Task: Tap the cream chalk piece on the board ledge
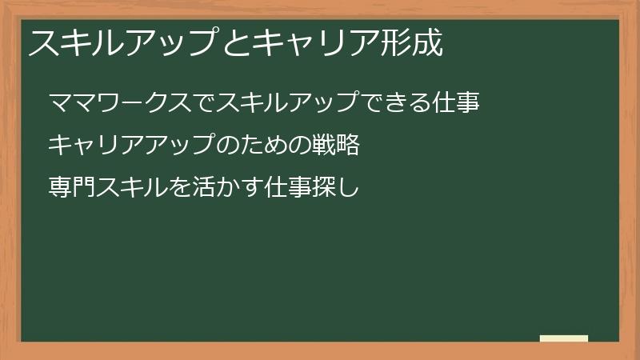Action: click(564, 338)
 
